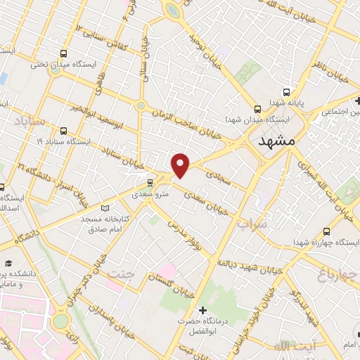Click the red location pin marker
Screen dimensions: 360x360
click(x=181, y=165)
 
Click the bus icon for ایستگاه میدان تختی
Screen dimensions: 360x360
click(x=64, y=53)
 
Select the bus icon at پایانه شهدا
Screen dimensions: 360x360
click(x=286, y=91)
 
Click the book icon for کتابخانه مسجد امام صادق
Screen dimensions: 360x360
click(x=105, y=208)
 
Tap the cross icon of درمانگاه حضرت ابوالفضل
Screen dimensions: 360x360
click(x=203, y=310)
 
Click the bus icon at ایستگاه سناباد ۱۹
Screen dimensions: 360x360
click(x=64, y=131)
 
